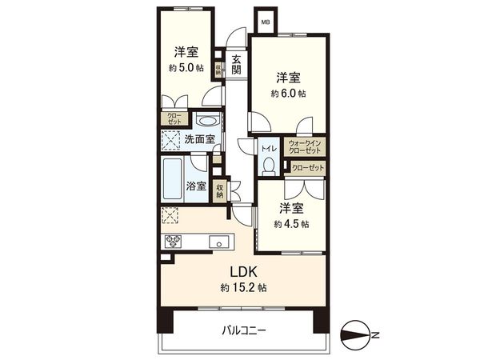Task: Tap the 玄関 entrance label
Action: [238, 65]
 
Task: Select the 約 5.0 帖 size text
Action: [186, 69]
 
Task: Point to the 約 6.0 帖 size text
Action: [288, 93]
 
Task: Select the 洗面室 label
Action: [199, 139]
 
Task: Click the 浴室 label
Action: [197, 186]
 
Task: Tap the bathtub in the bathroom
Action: [172, 179]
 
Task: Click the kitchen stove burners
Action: [173, 242]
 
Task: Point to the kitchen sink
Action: [216, 242]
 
